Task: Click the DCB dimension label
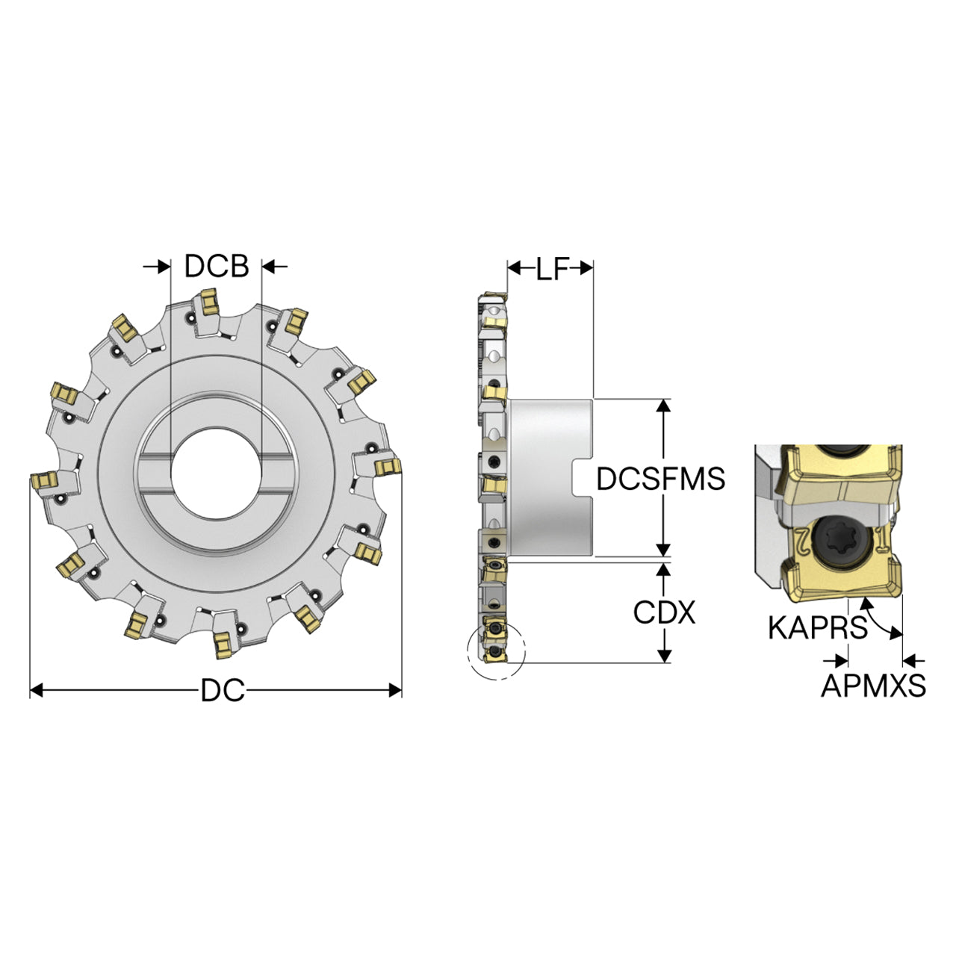pyautogui.click(x=217, y=266)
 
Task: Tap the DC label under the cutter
pyautogui.click(x=223, y=690)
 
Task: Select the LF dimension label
pyautogui.click(x=551, y=270)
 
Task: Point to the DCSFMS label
pyautogui.click(x=660, y=479)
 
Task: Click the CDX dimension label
pyautogui.click(x=664, y=612)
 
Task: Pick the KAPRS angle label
pyautogui.click(x=818, y=627)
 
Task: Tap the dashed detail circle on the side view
pyautogui.click(x=496, y=651)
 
